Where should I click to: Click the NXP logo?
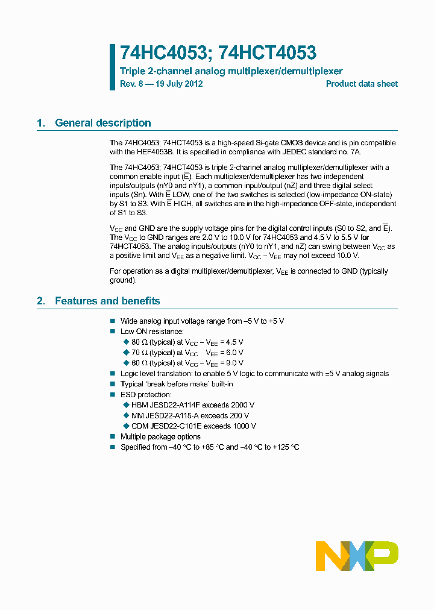(x=357, y=556)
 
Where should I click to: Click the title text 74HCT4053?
(x=268, y=53)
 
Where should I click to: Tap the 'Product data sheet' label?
(x=362, y=84)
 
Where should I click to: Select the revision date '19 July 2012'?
(x=178, y=84)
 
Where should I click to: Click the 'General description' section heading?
(x=102, y=123)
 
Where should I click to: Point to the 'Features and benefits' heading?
(x=107, y=301)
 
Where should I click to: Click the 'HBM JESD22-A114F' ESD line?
(x=192, y=405)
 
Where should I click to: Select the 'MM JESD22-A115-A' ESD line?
(x=190, y=415)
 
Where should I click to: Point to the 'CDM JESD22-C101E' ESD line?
(x=193, y=426)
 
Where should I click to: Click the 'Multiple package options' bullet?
(x=160, y=436)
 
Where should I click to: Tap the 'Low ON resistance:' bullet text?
(x=152, y=332)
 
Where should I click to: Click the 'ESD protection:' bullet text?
(x=146, y=395)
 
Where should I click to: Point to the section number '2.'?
(x=41, y=301)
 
